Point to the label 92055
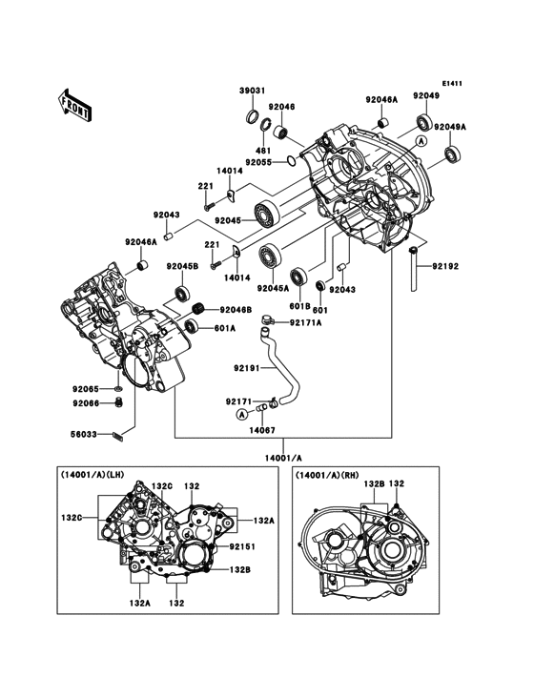tap(257, 162)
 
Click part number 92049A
tap(450, 127)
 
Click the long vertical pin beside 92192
tap(414, 271)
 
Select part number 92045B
tap(182, 266)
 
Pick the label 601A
tap(224, 329)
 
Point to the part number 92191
tap(247, 365)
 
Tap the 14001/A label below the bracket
tap(283, 456)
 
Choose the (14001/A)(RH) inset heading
tap(328, 475)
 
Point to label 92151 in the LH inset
tap(242, 547)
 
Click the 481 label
tap(263, 150)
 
